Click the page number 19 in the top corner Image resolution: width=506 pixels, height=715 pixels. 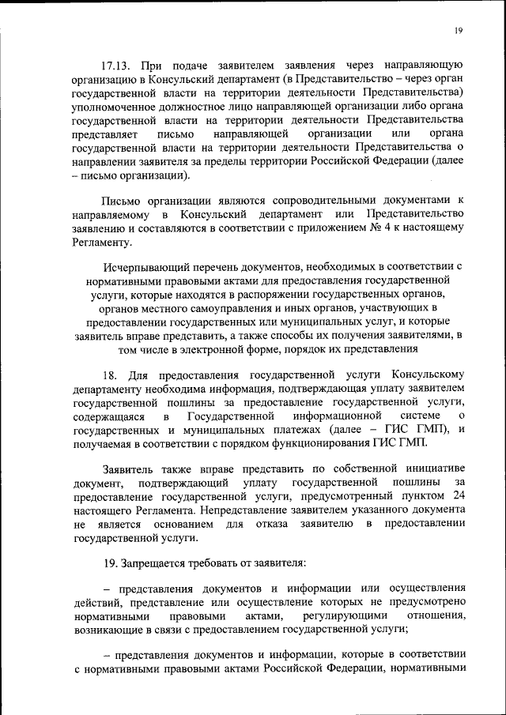[458, 31]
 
